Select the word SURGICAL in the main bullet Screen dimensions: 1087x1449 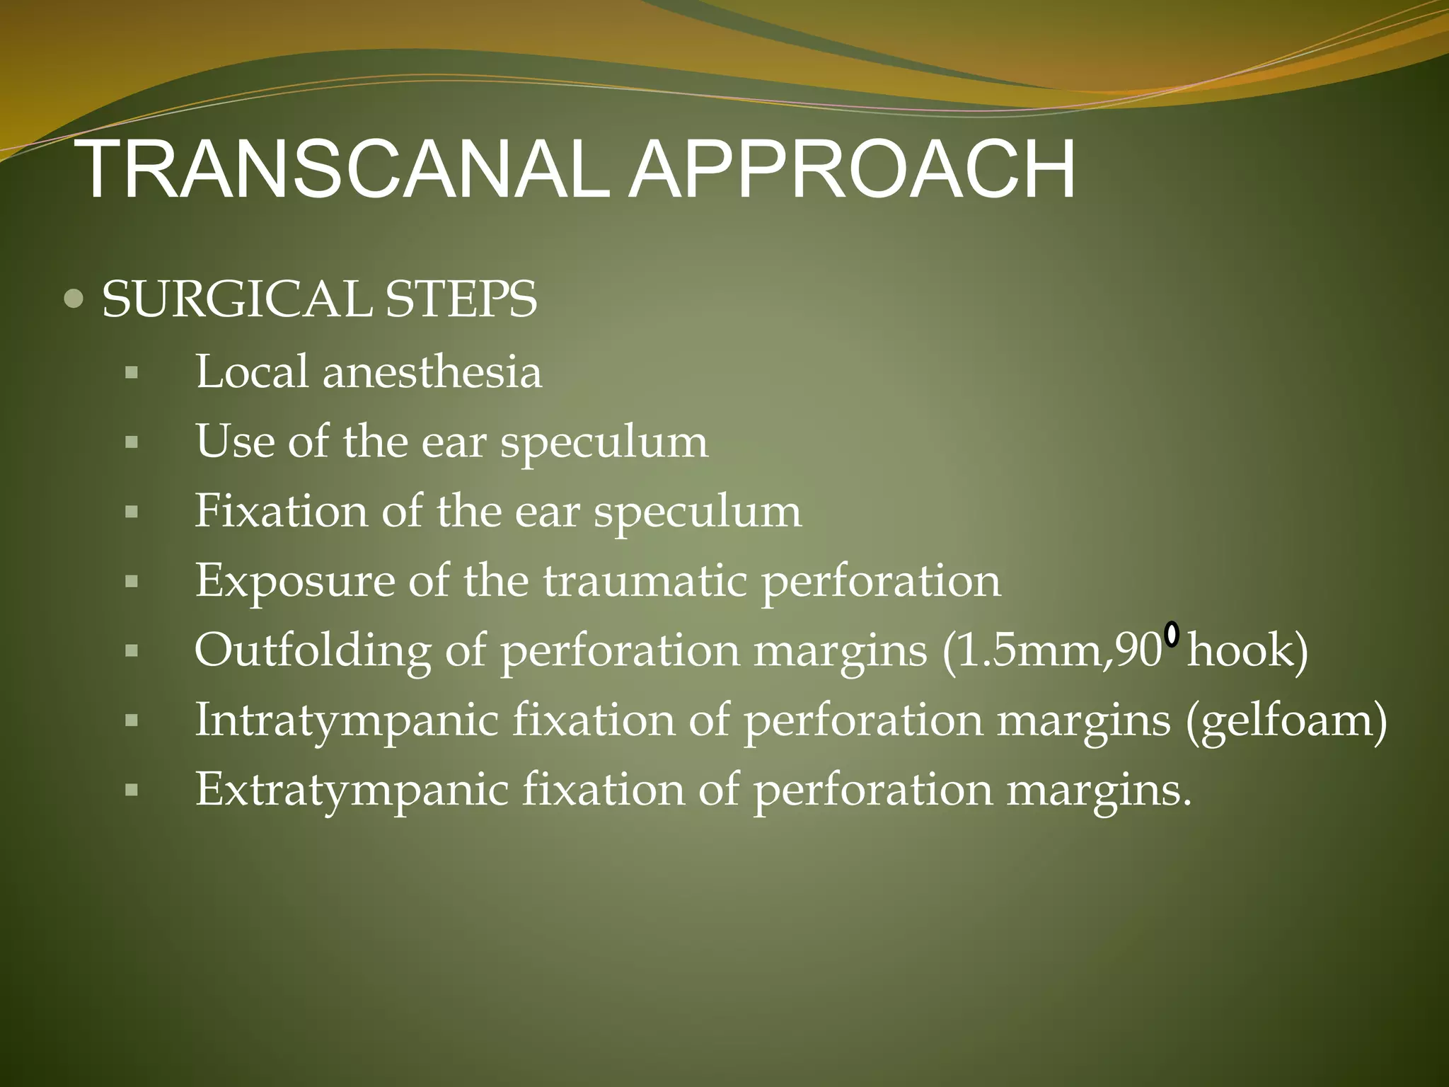236,299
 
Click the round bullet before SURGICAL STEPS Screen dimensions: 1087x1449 73,299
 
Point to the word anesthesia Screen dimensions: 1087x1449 432,372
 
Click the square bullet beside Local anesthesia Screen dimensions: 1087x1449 131,373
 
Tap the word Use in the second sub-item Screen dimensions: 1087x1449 235,442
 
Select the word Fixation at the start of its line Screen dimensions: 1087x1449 281,511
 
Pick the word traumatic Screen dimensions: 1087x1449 645,581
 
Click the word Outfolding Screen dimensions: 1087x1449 312,650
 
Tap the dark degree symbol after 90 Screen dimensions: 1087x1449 1172,634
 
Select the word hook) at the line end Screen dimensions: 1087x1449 1247,650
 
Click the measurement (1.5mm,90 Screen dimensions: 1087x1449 1052,650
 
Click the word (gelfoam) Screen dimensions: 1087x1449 1286,720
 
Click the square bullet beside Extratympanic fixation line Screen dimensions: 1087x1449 131,790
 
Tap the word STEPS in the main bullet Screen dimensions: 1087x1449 461,299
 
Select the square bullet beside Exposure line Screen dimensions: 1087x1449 131,582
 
